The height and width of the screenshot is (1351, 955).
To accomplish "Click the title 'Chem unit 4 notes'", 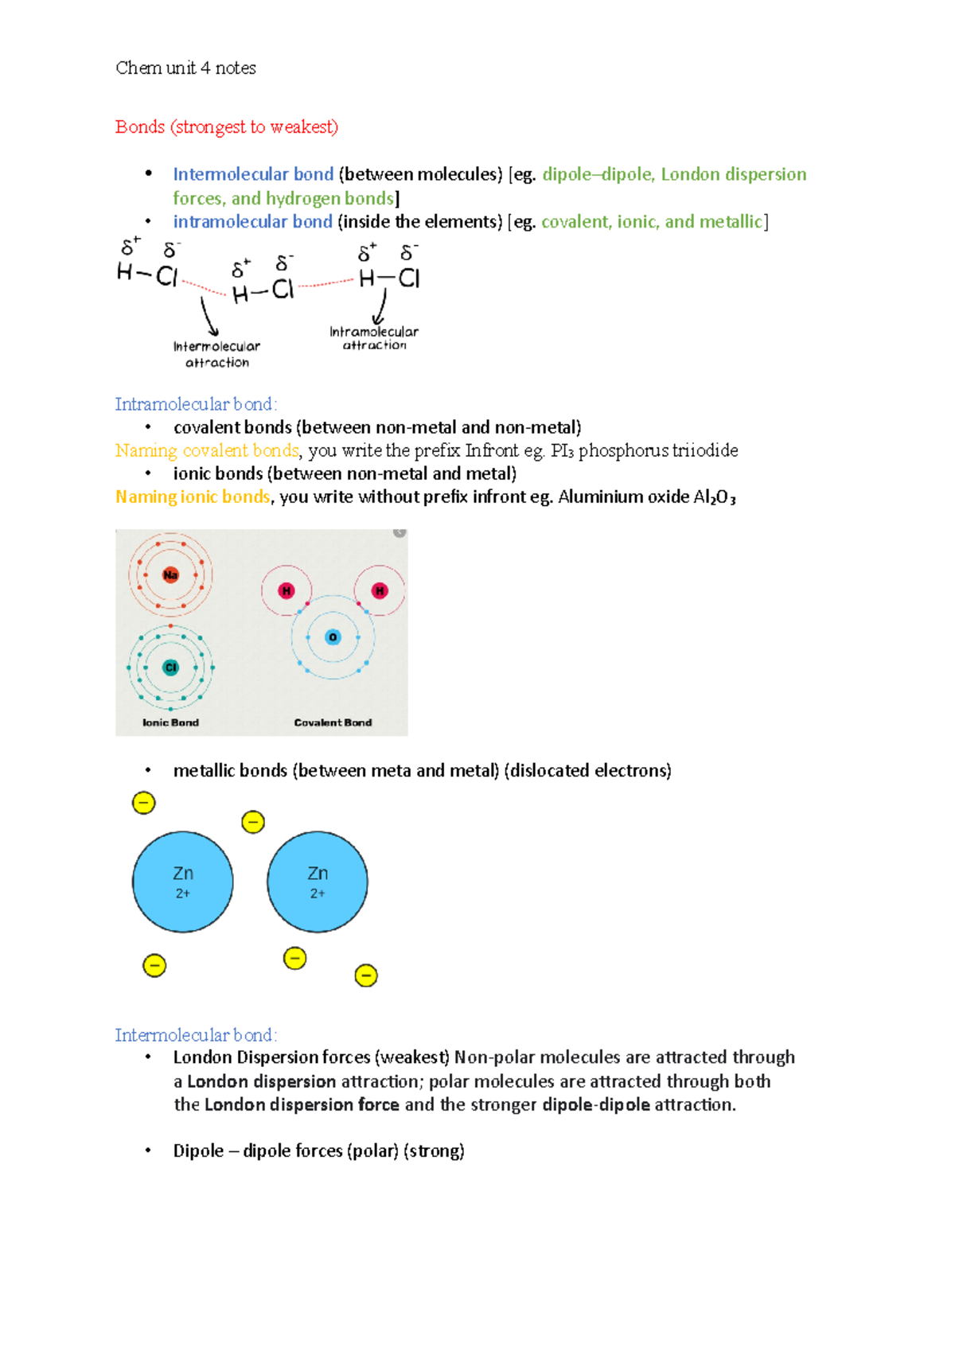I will pos(185,68).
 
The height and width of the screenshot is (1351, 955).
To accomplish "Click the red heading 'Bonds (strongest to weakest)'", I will pos(227,127).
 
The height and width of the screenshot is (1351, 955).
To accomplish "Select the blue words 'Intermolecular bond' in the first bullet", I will pos(253,174).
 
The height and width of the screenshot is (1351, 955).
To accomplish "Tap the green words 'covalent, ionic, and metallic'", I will pos(652,222).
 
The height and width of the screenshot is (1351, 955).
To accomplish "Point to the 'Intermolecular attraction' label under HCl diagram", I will pos(216,354).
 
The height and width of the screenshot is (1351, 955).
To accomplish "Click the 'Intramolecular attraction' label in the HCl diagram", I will pos(374,338).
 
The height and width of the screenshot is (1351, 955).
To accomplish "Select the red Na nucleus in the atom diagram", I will pos(170,575).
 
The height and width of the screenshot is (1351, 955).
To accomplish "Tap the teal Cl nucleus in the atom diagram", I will pos(170,668).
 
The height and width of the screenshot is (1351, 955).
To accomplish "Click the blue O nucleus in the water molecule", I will pos(333,637).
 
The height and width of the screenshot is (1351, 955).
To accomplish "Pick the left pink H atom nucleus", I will pos(286,590).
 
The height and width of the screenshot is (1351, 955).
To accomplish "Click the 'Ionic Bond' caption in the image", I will pos(170,722).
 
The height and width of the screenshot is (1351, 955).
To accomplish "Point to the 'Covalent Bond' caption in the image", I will pos(333,722).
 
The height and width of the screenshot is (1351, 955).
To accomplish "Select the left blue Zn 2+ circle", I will pos(183,882).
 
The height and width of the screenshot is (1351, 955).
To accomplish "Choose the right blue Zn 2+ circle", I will pos(318,882).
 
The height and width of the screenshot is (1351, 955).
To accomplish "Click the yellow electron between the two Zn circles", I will pos(253,822).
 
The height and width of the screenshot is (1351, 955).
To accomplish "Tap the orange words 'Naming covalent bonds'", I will pos(207,451).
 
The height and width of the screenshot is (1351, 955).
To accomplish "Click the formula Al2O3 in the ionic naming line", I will pos(714,498).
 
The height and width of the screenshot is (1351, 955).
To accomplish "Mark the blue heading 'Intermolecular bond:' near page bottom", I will pos(196,1035).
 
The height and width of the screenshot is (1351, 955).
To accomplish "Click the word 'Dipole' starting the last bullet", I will pos(198,1151).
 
